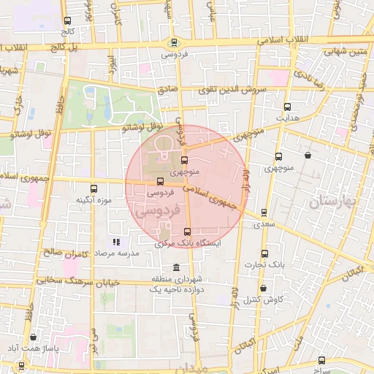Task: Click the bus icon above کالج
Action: point(68,21)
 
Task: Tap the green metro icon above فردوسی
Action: point(173,42)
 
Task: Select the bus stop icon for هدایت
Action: point(287,106)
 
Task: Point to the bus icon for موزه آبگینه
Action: point(92,188)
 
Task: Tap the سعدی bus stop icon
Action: point(264,213)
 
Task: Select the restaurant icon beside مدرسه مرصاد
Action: point(115,242)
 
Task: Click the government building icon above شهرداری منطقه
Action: point(175,267)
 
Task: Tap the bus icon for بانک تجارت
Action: point(264,253)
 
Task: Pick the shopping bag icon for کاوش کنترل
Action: point(263,289)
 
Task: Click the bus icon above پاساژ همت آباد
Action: point(34,337)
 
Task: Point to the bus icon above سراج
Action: point(322,360)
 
